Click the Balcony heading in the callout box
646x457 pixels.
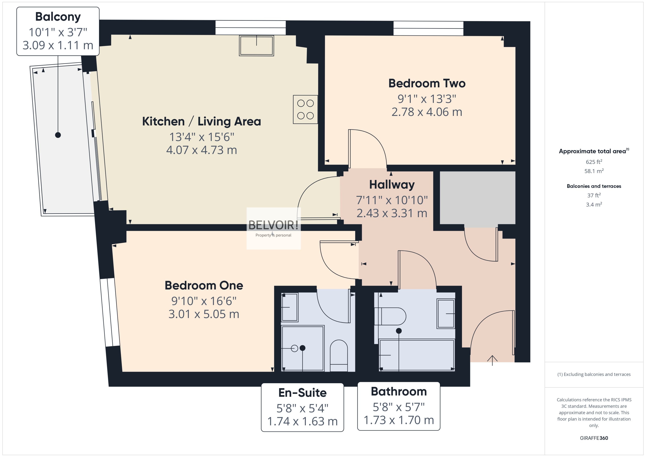58,17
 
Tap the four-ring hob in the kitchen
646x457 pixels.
305,109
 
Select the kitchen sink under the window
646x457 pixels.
256,46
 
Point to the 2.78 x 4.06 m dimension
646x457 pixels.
427,112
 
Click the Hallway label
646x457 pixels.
392,185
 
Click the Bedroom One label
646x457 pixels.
204,285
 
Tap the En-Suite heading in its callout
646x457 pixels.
302,393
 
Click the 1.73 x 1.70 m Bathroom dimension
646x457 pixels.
398,420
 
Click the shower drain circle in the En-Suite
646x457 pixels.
294,348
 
